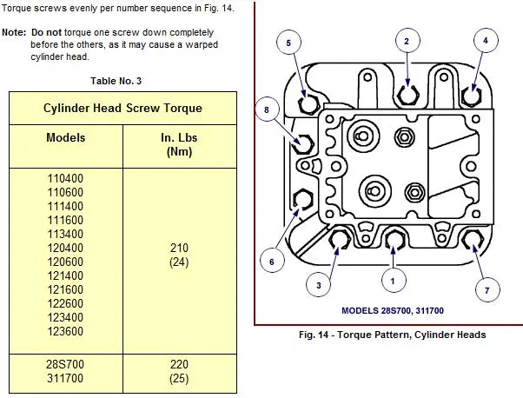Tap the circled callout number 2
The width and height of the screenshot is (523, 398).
click(x=406, y=40)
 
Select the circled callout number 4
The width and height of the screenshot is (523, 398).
click(x=485, y=40)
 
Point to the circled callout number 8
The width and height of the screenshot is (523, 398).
click(x=268, y=109)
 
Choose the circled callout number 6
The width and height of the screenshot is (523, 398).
click(x=271, y=260)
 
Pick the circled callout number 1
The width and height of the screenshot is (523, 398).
click(x=393, y=280)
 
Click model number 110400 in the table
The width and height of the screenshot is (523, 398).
click(x=65, y=179)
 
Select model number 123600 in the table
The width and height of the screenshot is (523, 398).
click(x=65, y=331)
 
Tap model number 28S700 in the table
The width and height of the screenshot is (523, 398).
click(x=65, y=366)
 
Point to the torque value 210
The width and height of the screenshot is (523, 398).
click(x=181, y=249)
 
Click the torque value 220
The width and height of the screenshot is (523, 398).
click(x=181, y=366)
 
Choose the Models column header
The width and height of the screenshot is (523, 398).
click(x=66, y=138)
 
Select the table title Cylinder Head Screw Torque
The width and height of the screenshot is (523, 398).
click(x=122, y=109)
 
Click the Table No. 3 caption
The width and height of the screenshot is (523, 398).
click(x=116, y=81)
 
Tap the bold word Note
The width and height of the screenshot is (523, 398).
click(x=13, y=31)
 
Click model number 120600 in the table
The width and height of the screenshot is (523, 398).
click(x=65, y=262)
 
